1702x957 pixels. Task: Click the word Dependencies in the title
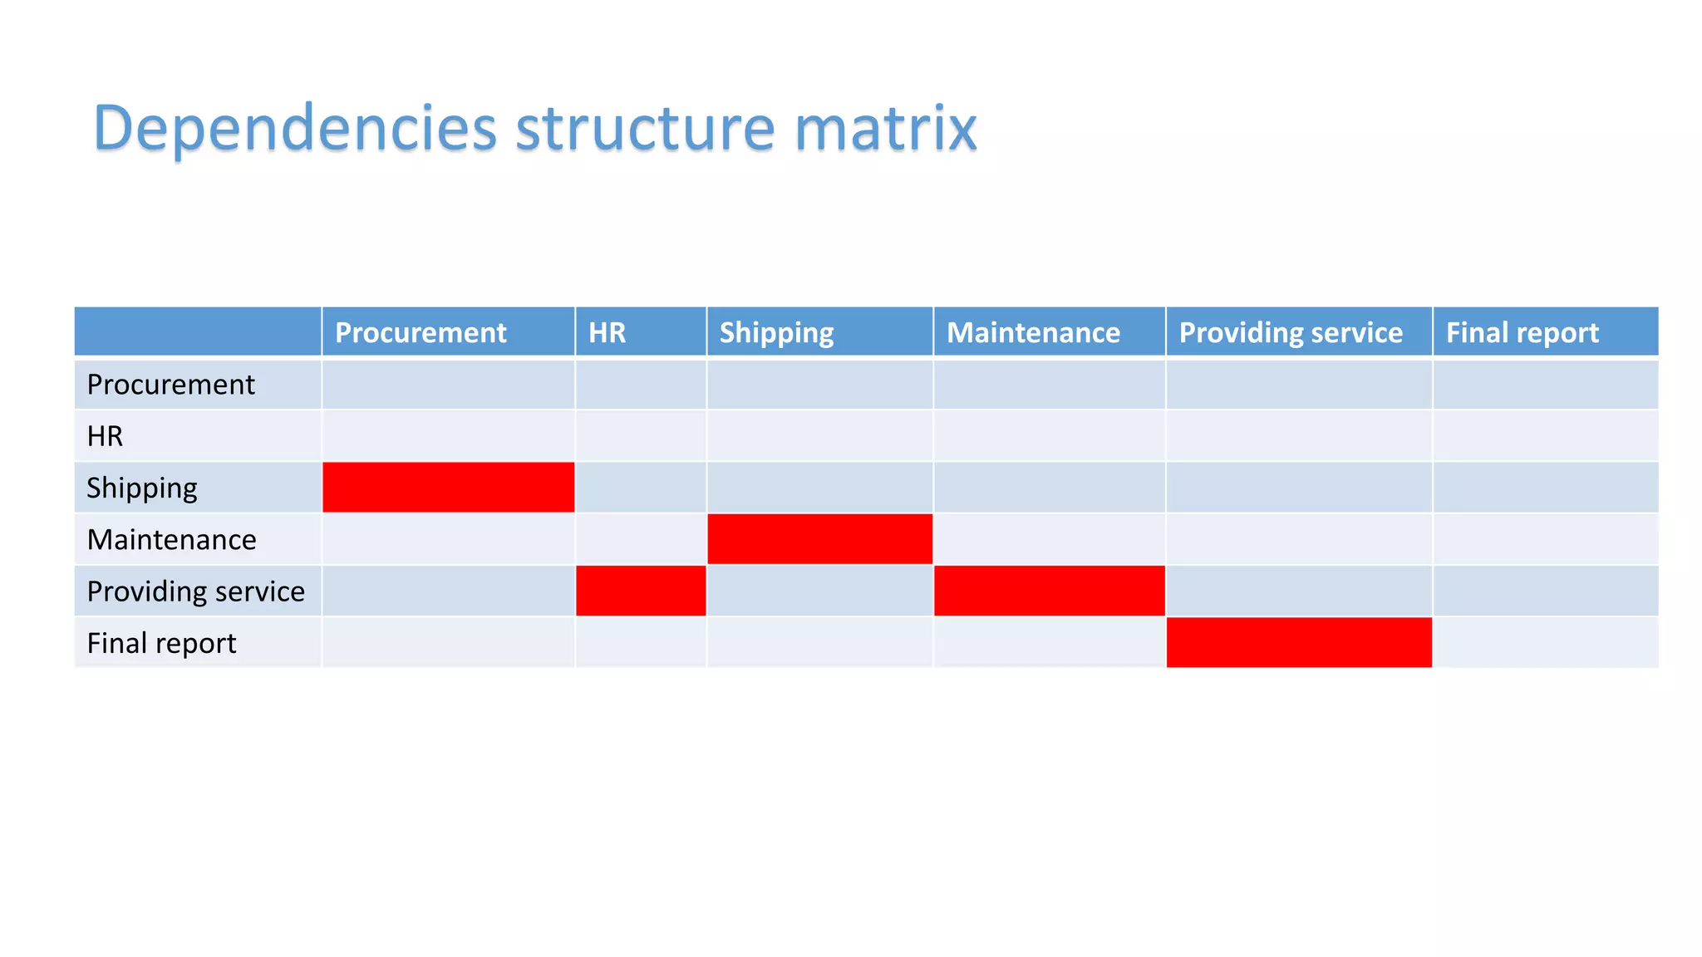295,129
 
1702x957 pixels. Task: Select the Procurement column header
421,332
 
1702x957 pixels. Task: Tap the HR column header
607,332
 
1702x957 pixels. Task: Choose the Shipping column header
776,332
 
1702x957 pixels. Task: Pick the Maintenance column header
1033,332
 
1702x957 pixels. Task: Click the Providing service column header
1291,332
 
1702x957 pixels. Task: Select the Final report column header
1522,332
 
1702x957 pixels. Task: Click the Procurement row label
170,385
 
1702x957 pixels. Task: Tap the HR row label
105,436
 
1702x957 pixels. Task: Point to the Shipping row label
142,488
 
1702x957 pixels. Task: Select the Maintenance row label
171,540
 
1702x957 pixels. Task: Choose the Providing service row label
195,591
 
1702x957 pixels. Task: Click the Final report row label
161,643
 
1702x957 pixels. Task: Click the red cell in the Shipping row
448,488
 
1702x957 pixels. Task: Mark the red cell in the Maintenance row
819,539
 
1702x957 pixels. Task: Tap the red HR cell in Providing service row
641,591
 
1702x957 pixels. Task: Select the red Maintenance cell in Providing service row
1049,591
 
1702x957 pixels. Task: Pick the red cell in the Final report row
1299,642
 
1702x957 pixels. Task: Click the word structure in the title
645,129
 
